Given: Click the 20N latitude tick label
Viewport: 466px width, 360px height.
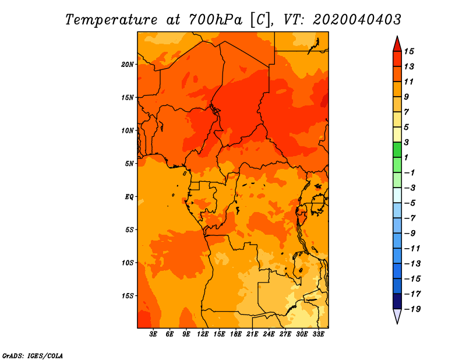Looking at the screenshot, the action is pyautogui.click(x=128, y=65).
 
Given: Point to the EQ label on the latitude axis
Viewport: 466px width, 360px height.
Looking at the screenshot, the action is pyautogui.click(x=129, y=197).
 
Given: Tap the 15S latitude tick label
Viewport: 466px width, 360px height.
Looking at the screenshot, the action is pyautogui.click(x=128, y=296).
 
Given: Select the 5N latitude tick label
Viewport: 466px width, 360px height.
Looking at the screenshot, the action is pyautogui.click(x=129, y=164).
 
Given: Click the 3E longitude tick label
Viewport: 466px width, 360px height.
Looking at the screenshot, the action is pyautogui.click(x=153, y=334).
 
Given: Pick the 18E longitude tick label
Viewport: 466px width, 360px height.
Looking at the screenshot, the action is pyautogui.click(x=236, y=334).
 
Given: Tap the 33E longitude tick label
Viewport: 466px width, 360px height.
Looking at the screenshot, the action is pyautogui.click(x=318, y=334).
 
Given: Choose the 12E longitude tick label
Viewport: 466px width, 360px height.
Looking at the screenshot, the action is pyautogui.click(x=203, y=334).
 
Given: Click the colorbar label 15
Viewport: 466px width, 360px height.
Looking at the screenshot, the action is pyautogui.click(x=409, y=51).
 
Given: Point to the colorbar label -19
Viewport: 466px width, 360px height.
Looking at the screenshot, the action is pyautogui.click(x=412, y=309).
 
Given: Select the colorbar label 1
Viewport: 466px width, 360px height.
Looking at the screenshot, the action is pyautogui.click(x=406, y=157).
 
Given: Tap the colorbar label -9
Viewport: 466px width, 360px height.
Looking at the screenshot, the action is pyautogui.click(x=410, y=234).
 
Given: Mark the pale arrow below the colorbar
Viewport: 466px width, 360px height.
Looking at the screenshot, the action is pyautogui.click(x=397, y=316).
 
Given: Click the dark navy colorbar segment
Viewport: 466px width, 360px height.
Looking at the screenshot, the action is pyautogui.click(x=397, y=301).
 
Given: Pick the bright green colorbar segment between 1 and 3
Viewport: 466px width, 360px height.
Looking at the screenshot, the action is pyautogui.click(x=397, y=150).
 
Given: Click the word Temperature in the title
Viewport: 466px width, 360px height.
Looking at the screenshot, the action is pyautogui.click(x=111, y=20).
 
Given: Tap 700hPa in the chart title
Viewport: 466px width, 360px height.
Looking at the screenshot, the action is pyautogui.click(x=216, y=20).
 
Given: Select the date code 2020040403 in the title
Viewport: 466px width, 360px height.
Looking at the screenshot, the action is pyautogui.click(x=357, y=20).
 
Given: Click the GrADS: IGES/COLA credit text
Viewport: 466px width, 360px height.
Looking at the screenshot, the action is pyautogui.click(x=33, y=356).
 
